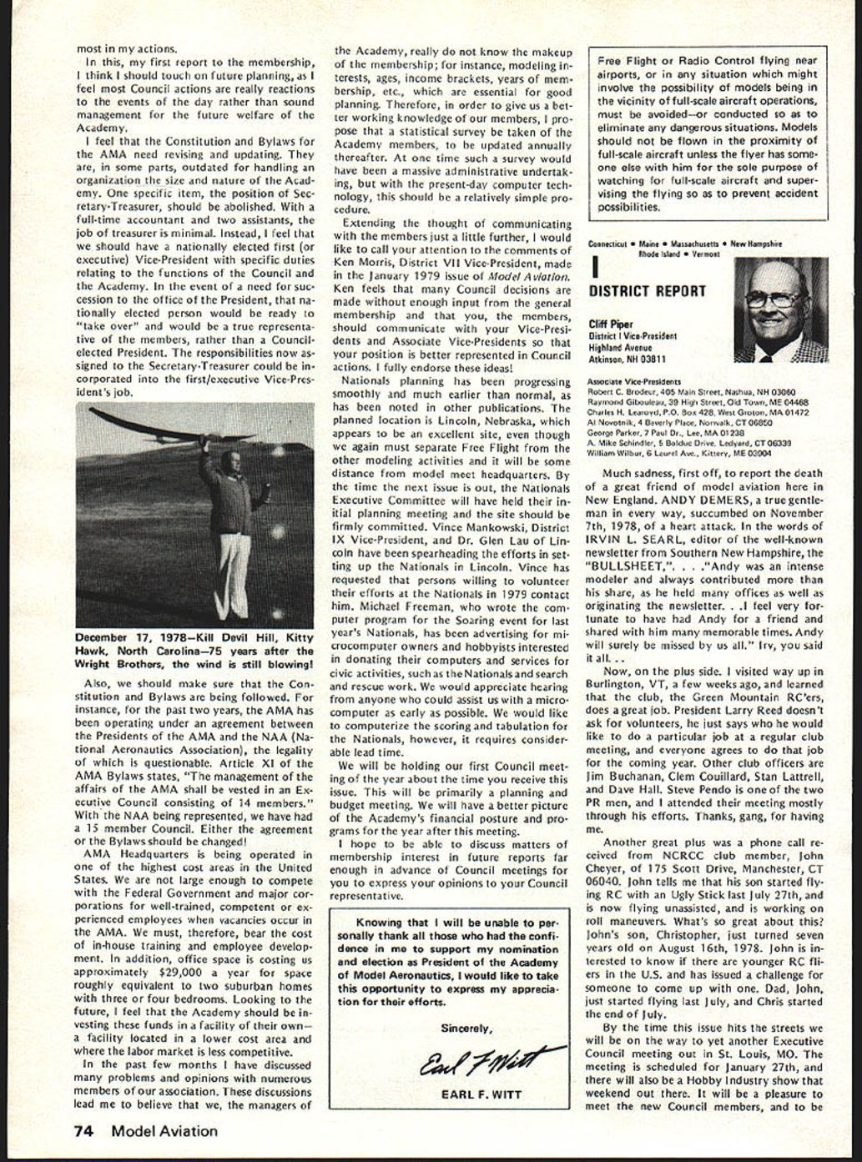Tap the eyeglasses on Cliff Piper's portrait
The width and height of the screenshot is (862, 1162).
click(x=774, y=299)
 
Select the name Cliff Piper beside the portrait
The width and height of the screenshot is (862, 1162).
click(x=611, y=324)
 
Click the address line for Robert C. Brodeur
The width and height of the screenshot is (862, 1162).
click(x=691, y=391)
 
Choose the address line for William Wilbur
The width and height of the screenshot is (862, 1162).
click(x=678, y=454)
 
